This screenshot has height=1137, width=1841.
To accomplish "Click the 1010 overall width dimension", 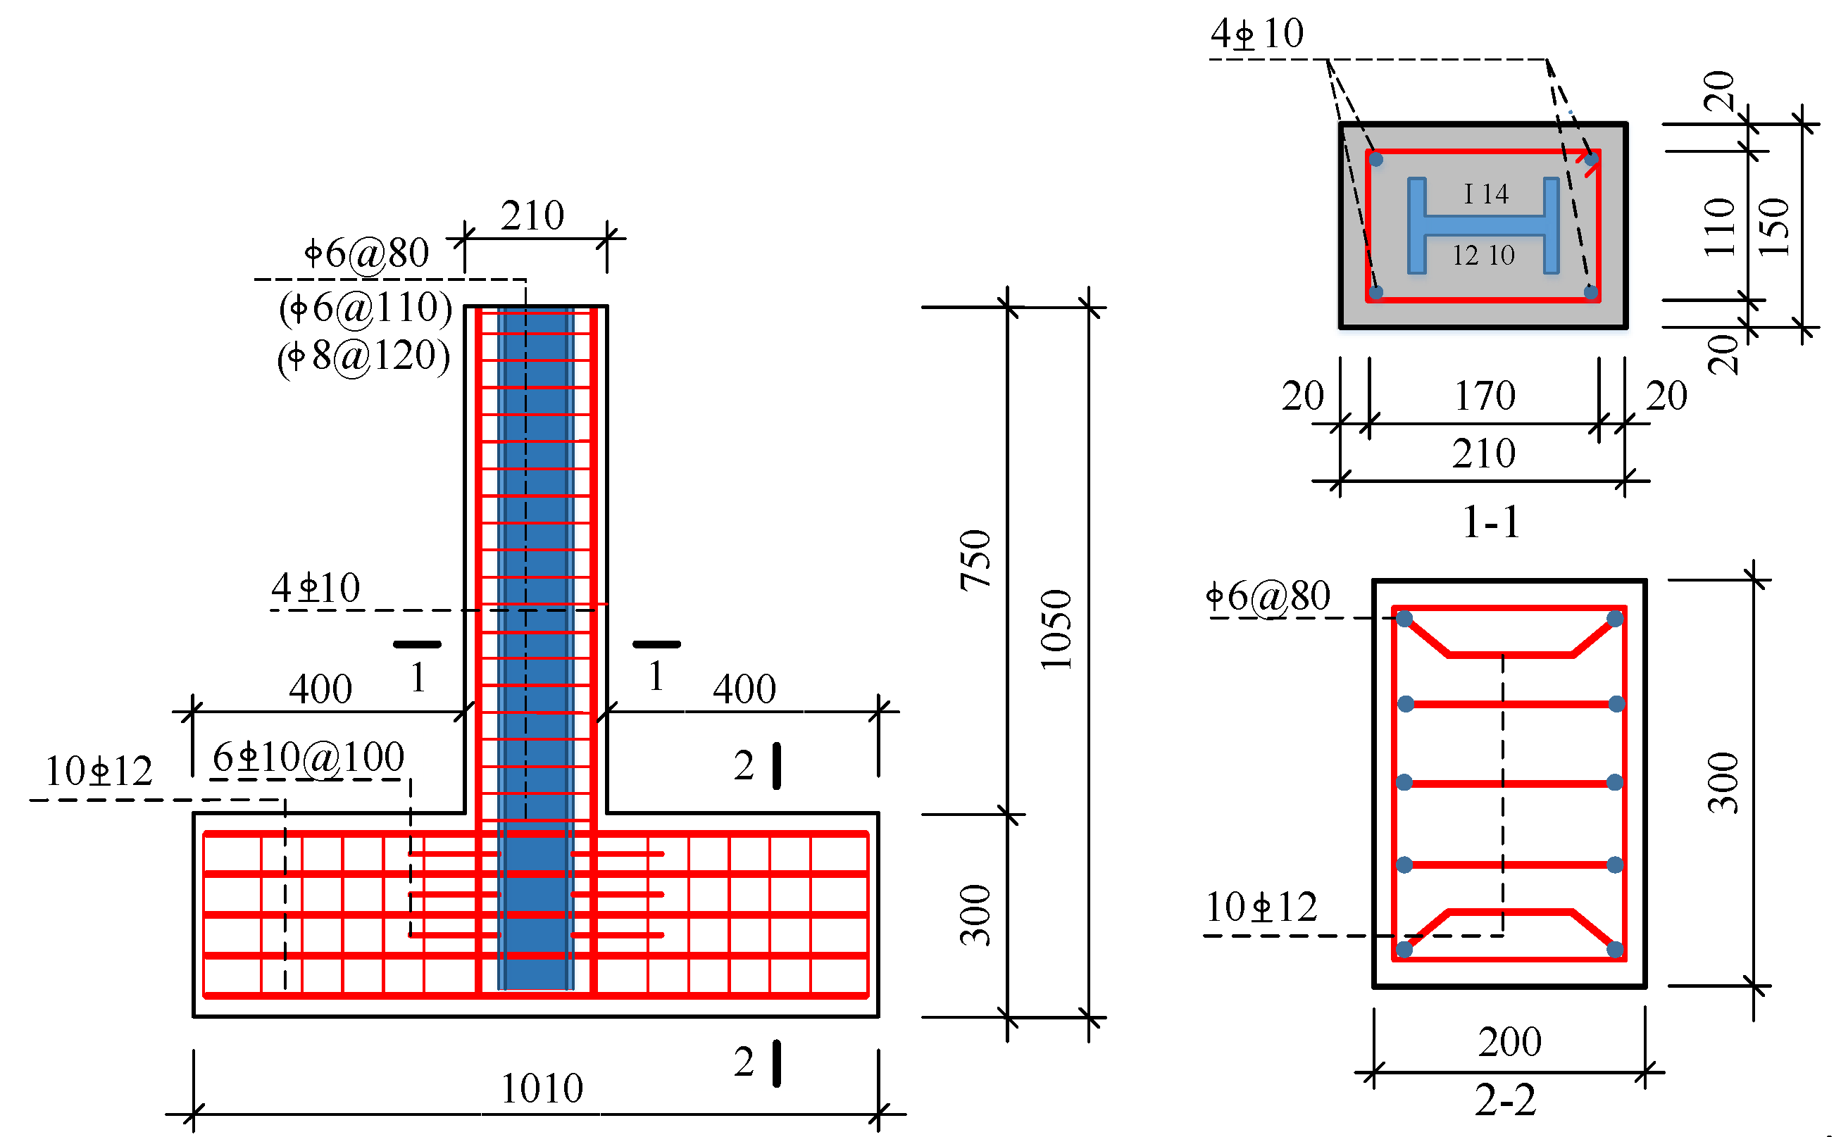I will pyautogui.click(x=542, y=1088).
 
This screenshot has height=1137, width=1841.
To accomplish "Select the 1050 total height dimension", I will pyautogui.click(x=1056, y=629).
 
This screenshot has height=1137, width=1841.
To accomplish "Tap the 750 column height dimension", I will pyautogui.click(x=975, y=560).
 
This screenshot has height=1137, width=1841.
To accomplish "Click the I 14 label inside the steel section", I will pyautogui.click(x=1485, y=194).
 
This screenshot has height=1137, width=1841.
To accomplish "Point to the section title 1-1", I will pyautogui.click(x=1491, y=522).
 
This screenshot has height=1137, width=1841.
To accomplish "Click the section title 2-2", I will pyautogui.click(x=1505, y=1100).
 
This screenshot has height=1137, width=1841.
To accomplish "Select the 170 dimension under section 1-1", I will pyautogui.click(x=1485, y=396).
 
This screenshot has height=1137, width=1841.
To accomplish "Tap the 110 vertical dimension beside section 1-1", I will pyautogui.click(x=1719, y=227).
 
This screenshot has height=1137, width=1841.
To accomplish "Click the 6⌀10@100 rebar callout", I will pyautogui.click(x=308, y=757).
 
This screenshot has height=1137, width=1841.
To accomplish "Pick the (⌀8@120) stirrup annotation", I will pyautogui.click(x=363, y=356).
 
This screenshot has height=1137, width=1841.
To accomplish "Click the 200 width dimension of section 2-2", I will pyautogui.click(x=1509, y=1041).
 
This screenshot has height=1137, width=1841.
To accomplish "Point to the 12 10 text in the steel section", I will pyautogui.click(x=1483, y=256).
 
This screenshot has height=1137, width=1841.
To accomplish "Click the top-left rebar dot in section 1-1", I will pyautogui.click(x=1375, y=159).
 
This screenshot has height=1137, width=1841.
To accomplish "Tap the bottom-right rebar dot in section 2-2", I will pyautogui.click(x=1615, y=949).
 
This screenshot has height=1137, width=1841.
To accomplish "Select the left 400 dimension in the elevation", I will pyautogui.click(x=320, y=688).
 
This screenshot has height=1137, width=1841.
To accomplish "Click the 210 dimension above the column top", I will pyautogui.click(x=532, y=216).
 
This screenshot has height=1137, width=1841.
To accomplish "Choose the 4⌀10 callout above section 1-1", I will pyautogui.click(x=1256, y=34).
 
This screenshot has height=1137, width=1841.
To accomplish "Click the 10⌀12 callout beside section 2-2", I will pyautogui.click(x=1261, y=907).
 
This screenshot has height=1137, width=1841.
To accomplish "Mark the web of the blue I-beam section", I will pyautogui.click(x=1483, y=225).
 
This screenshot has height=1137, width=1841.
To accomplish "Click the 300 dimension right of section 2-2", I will pyautogui.click(x=1722, y=782).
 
